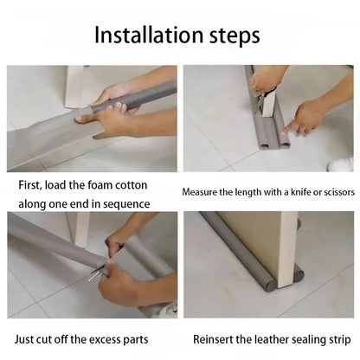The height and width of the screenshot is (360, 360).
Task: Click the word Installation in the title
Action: (149, 35)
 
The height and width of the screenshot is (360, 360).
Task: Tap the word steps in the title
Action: (235, 36)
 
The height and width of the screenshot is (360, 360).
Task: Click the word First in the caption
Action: (30, 185)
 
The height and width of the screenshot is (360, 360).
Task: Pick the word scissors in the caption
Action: (339, 192)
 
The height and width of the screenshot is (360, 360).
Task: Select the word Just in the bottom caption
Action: (24, 339)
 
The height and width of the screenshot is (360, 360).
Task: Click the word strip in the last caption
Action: (340, 340)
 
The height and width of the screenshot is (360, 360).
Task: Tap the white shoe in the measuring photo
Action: (341, 164)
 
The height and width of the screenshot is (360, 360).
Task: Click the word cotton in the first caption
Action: (132, 185)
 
